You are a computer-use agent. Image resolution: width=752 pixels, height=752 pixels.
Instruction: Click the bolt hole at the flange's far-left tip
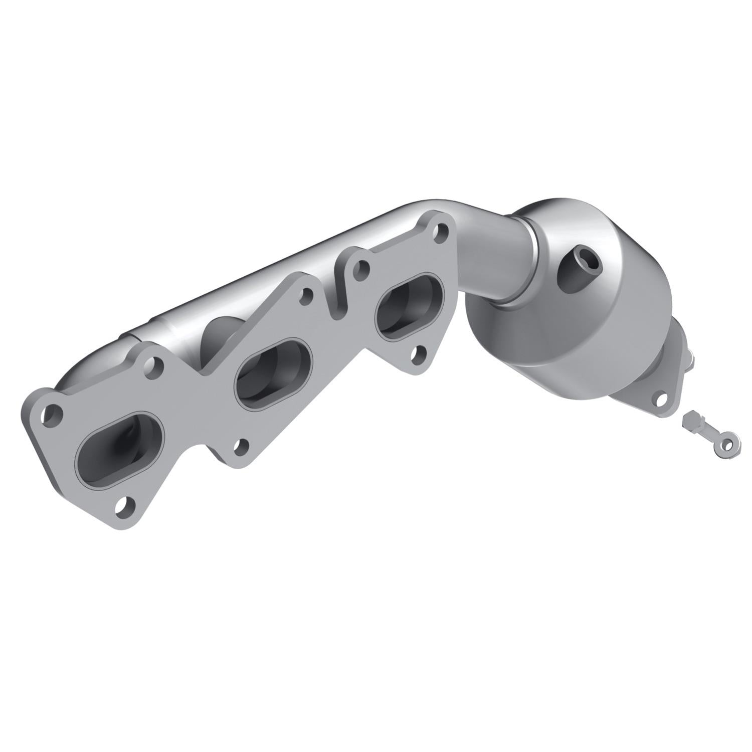click(x=52, y=415)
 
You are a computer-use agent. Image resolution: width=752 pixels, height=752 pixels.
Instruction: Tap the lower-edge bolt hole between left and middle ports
click(x=242, y=446)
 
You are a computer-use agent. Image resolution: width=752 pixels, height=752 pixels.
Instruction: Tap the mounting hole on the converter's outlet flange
click(x=660, y=399)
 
